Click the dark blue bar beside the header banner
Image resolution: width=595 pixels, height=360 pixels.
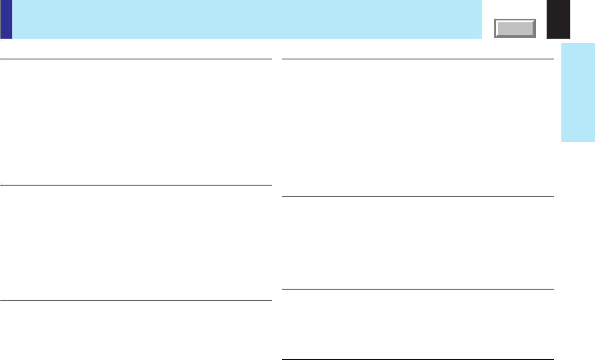coord(6,19)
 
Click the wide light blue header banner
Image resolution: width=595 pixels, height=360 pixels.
coord(246,19)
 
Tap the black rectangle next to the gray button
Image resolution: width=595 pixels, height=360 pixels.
coord(558,19)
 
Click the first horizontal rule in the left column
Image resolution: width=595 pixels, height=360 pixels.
coord(136,59)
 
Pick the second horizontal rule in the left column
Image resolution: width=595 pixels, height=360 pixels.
coord(136,185)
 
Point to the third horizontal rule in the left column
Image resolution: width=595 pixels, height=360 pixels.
coord(136,300)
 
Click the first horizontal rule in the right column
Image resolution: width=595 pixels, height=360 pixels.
coord(418,59)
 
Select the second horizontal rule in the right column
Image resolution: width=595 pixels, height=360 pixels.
coord(418,196)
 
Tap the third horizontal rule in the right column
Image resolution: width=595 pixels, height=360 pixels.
coord(418,289)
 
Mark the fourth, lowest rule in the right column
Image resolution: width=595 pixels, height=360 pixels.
coord(418,360)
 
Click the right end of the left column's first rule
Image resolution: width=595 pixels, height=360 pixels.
coord(271,59)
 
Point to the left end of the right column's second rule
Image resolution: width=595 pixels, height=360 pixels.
coord(283,196)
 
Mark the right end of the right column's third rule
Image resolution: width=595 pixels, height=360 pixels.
coord(553,289)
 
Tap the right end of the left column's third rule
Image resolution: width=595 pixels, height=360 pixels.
coord(271,300)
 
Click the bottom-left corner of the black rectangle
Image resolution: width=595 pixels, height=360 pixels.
coord(547,38)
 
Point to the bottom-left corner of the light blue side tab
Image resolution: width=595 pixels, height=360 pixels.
coord(562,142)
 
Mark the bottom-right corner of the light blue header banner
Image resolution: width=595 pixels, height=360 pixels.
coord(481,38)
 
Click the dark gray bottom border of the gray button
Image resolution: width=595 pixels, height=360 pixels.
coord(515,37)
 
